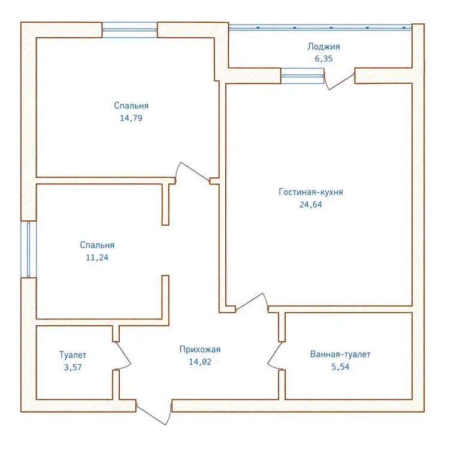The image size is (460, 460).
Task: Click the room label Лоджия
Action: pyautogui.click(x=323, y=47)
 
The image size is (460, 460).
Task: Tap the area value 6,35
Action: pyautogui.click(x=323, y=59)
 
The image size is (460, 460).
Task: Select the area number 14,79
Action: pyautogui.click(x=131, y=118)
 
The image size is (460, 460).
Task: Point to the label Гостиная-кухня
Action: pyautogui.click(x=311, y=192)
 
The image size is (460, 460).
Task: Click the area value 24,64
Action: pyautogui.click(x=311, y=204)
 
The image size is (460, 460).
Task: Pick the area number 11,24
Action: pyautogui.click(x=97, y=258)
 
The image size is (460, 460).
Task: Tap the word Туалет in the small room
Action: pyautogui.click(x=72, y=355)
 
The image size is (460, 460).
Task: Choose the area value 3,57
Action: pyautogui.click(x=72, y=367)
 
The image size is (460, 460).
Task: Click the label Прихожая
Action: pyautogui.click(x=200, y=349)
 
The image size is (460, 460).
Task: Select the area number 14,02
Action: pyautogui.click(x=200, y=362)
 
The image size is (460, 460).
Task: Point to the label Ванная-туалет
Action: pyautogui.click(x=340, y=355)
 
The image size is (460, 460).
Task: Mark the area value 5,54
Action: pyautogui.click(x=340, y=367)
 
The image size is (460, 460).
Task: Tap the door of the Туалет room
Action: pyautogui.click(x=123, y=355)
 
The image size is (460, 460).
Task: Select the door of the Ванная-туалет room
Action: pyautogui.click(x=274, y=356)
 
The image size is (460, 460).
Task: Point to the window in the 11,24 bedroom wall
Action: pyautogui.click(x=29, y=249)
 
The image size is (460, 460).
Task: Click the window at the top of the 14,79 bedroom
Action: pyautogui.click(x=129, y=29)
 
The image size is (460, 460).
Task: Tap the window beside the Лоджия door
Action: pyautogui.click(x=302, y=75)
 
